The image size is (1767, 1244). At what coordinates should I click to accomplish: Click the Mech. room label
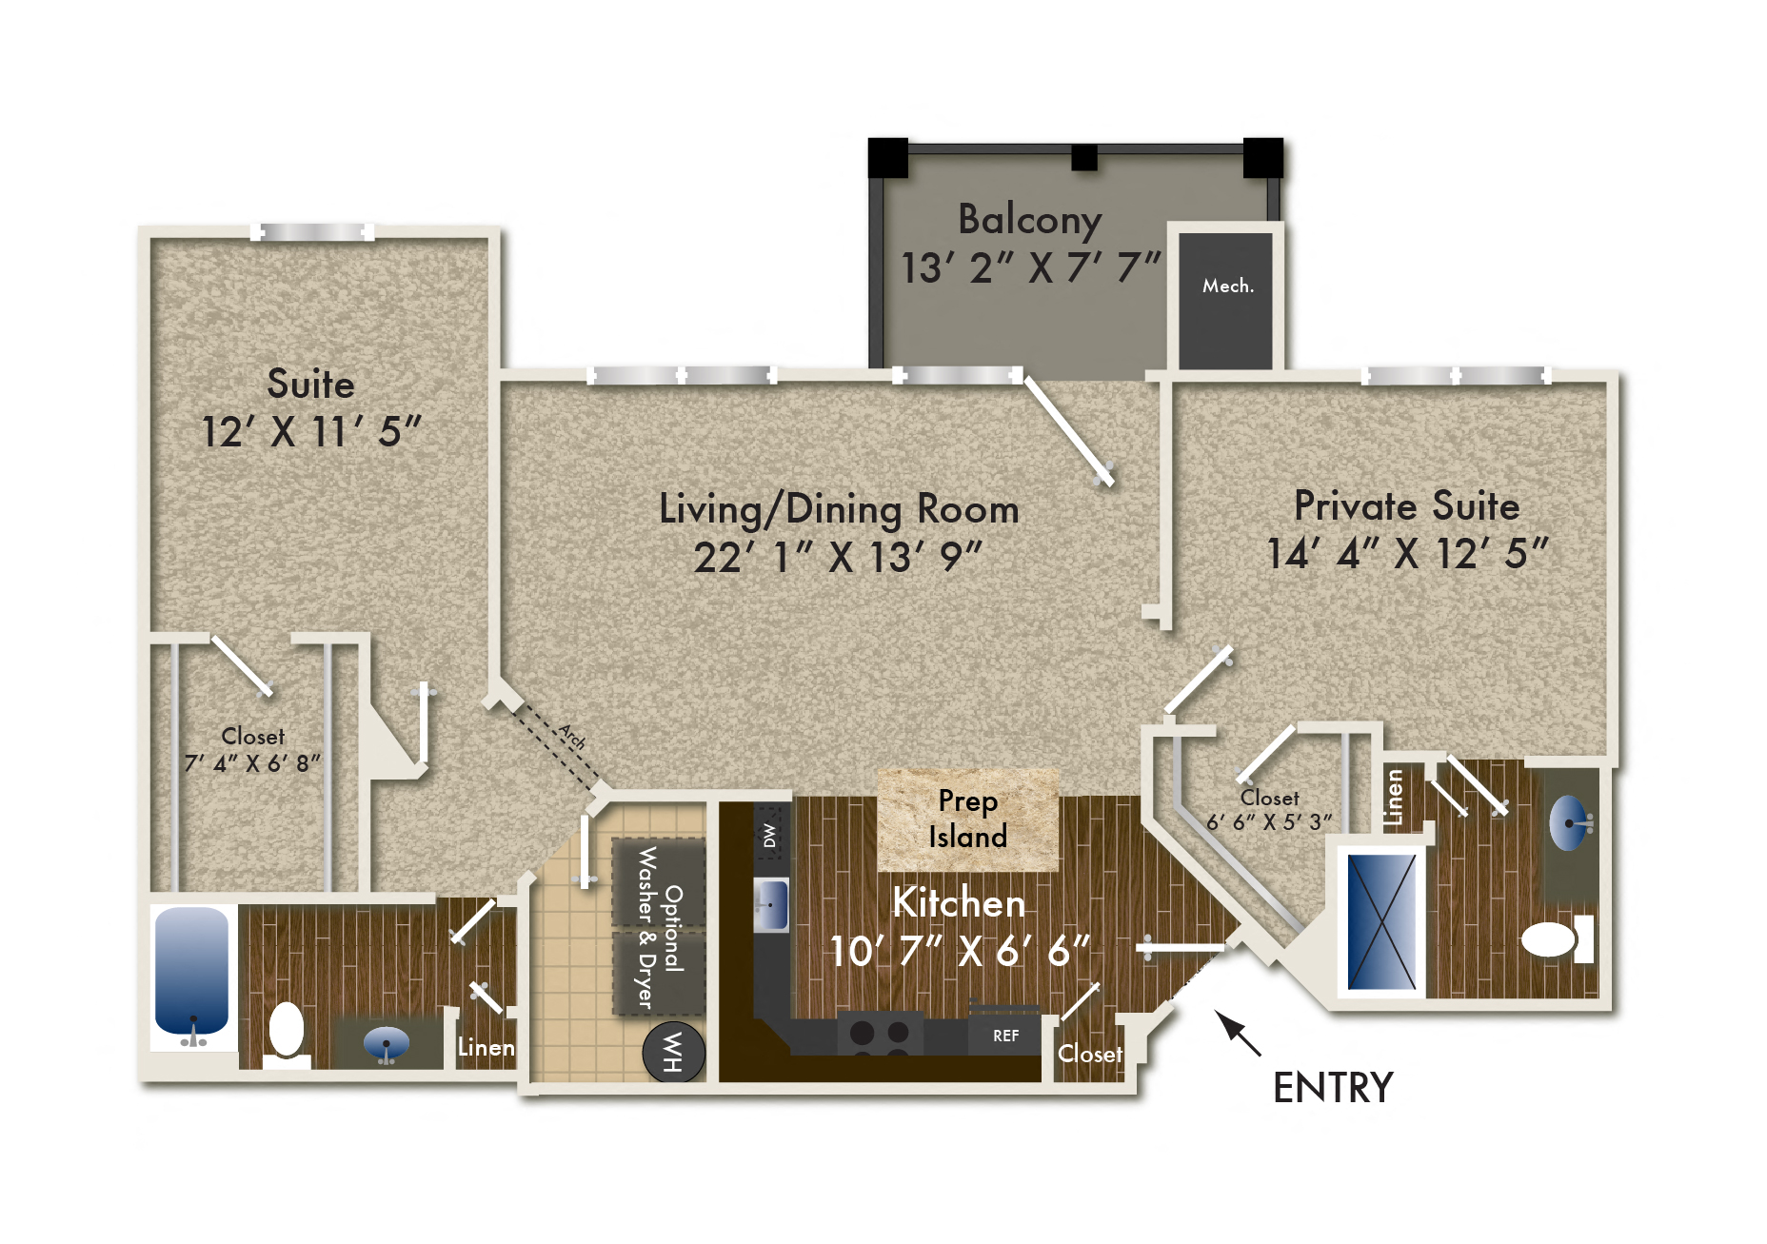coord(1227,286)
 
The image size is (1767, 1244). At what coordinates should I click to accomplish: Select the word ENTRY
coord(1333,1088)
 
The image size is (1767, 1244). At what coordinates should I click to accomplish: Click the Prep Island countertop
coord(967,819)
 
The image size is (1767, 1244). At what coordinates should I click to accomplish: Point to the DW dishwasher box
coord(770,835)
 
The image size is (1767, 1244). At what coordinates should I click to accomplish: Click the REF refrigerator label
coord(1005,1036)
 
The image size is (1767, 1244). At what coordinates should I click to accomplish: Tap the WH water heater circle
coord(673,1052)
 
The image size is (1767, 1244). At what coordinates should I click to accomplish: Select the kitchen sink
coord(772,903)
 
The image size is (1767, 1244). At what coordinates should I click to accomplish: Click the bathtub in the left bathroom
coord(192,971)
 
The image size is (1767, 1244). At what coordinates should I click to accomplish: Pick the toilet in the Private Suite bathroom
coord(1551,939)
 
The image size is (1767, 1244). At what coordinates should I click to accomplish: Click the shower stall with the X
coord(1381,922)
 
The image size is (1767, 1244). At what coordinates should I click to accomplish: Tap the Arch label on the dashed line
coord(571,736)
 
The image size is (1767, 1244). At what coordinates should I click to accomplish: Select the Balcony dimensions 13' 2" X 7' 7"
coord(1030,267)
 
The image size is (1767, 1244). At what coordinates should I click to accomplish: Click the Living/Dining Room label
coord(839,509)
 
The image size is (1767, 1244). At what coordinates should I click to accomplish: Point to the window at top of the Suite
coord(312,232)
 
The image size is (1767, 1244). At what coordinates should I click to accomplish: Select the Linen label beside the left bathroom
coord(486,1047)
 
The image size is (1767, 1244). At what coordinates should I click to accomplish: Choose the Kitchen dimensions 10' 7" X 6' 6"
coord(959,951)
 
